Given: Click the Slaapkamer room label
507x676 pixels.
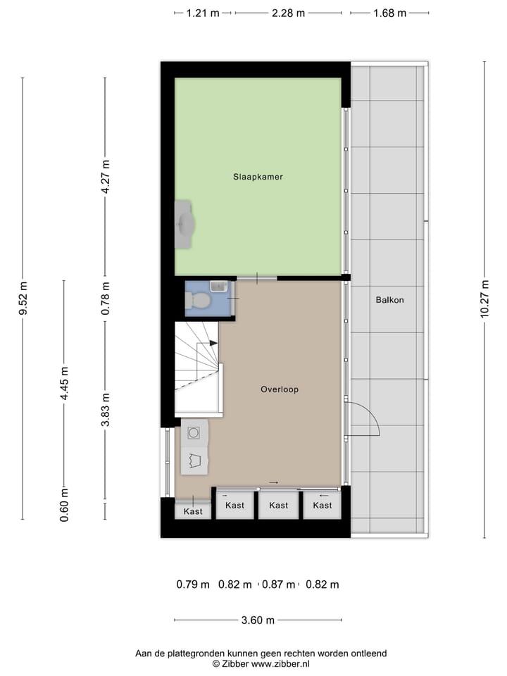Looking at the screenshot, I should point(258,177).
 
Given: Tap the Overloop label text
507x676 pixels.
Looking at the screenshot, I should point(279,389).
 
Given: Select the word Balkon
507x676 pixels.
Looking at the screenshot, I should point(389,299).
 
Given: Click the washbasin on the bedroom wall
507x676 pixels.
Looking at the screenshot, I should point(185,224).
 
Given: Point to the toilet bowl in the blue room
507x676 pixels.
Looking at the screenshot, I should point(199,301).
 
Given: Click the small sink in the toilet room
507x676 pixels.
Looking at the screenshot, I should point(218,287).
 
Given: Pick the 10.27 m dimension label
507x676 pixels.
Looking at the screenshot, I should point(484,299).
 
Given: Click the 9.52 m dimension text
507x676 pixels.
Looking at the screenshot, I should point(23,299).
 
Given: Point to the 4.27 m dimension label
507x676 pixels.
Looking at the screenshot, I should point(106,177).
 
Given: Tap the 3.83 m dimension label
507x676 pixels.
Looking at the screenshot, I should point(106,409).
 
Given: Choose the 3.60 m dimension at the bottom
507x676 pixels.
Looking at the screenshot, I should point(257,620).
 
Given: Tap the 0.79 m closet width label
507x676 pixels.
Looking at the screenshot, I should point(193,584).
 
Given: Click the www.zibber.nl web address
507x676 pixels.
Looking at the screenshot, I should point(280,664).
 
